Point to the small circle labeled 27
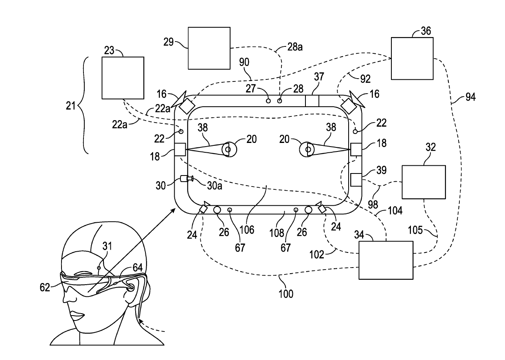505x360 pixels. click(268, 101)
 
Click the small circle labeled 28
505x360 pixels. click(279, 101)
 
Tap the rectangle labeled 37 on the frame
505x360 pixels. click(312, 101)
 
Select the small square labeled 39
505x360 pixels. click(356, 180)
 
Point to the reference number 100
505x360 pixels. click(286, 294)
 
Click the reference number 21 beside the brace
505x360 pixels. click(70, 106)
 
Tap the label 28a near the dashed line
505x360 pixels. click(295, 47)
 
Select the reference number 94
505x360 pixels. click(470, 97)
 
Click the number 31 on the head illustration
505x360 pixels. click(107, 246)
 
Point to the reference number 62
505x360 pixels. click(45, 288)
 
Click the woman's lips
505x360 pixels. click(77, 315)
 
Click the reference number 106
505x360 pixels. click(247, 230)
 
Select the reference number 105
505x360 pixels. click(415, 230)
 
